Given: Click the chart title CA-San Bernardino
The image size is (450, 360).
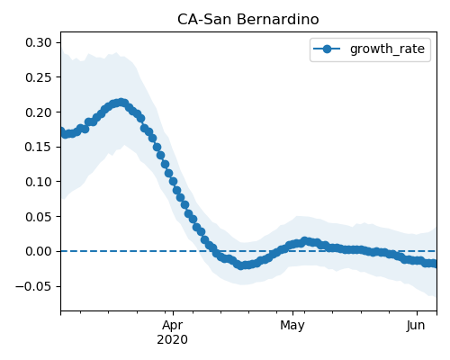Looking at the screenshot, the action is [x=247, y=20].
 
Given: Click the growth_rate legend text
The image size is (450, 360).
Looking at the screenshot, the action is [x=387, y=49].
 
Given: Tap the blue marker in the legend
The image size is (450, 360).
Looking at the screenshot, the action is [x=327, y=49].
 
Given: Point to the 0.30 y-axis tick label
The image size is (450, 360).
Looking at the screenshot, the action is [x=39, y=42].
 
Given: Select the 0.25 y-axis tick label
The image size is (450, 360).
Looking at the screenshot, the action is [x=39, y=77].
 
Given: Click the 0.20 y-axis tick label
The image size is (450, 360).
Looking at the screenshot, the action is [x=39, y=112].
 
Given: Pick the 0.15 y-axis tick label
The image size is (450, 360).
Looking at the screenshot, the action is [x=39, y=147].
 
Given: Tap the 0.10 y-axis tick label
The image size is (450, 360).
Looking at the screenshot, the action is [x=39, y=182].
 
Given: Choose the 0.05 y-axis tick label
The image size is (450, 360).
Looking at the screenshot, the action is [x=39, y=217].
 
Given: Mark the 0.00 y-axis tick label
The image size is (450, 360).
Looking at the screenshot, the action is [x=39, y=251].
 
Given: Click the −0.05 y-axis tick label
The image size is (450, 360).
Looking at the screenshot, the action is [x=33, y=286].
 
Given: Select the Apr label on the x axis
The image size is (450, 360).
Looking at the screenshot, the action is [x=173, y=326].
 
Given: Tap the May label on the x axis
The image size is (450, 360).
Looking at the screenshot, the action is [x=292, y=326].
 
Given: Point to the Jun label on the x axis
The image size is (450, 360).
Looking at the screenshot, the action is [x=416, y=326].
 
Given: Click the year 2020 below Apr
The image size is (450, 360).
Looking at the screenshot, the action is [x=173, y=340].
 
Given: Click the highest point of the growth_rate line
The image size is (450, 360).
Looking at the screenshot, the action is [x=121, y=103].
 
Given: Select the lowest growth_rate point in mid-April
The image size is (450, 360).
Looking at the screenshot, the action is [x=240, y=265].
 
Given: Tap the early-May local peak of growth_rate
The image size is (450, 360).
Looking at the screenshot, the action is [x=305, y=241].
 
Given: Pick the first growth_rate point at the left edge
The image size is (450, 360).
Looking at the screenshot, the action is [x=61, y=131].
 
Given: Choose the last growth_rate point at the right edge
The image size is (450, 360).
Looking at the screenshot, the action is [x=434, y=264].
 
